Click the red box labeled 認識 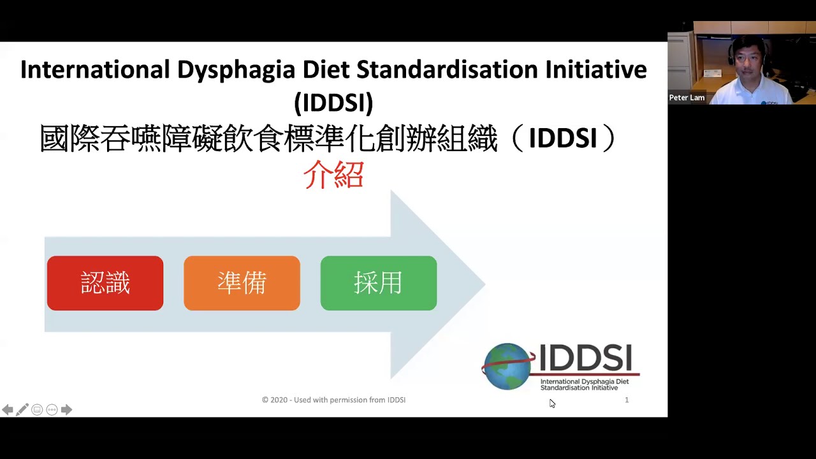click(105, 283)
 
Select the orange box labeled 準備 click(242, 283)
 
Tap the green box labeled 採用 click(379, 283)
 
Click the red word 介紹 click(333, 175)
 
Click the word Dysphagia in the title click(236, 70)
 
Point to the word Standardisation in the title click(447, 69)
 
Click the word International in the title click(95, 69)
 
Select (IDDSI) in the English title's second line click(333, 103)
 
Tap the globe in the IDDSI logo click(508, 366)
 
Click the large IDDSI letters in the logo click(585, 358)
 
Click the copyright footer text click(333, 400)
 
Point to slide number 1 click(627, 400)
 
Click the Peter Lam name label click(687, 98)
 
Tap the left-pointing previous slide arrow click(8, 410)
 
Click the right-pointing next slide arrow click(66, 410)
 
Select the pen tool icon click(22, 410)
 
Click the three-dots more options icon click(52, 410)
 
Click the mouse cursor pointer click(552, 404)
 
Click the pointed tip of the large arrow click(484, 284)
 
